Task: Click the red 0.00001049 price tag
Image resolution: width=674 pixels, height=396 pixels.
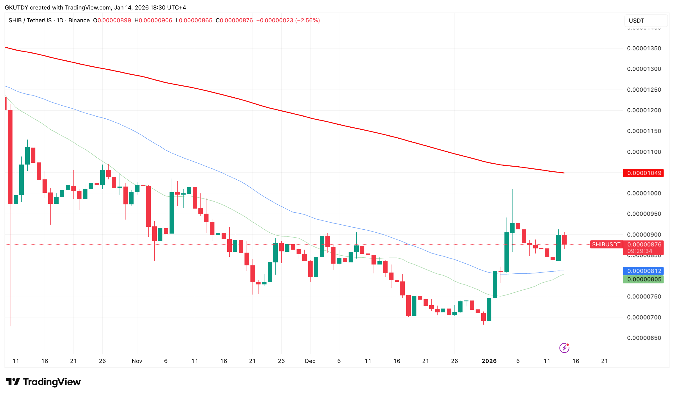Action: [644, 173]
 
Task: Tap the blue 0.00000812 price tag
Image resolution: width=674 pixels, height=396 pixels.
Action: [644, 271]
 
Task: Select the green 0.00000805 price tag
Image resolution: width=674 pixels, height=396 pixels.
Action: [644, 279]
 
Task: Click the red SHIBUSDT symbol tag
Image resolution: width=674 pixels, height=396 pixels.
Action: [606, 245]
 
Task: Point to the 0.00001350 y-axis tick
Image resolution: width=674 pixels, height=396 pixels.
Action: [644, 48]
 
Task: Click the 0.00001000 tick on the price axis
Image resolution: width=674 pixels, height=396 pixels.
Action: [644, 193]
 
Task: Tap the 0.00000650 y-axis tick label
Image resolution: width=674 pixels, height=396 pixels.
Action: [644, 338]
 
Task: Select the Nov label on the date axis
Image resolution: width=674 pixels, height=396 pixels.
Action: [137, 361]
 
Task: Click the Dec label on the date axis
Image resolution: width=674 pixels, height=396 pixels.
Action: [310, 361]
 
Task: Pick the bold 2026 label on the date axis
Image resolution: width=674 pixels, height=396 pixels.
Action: [489, 361]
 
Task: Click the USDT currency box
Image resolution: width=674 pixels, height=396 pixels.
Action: [645, 21]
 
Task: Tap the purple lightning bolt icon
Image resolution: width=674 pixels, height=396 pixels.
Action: [564, 348]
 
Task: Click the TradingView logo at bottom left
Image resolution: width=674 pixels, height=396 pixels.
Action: [43, 382]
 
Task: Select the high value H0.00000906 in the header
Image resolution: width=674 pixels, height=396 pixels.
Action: [153, 21]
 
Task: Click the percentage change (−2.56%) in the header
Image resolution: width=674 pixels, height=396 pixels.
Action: [308, 21]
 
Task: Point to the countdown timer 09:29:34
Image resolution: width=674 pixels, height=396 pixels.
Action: [640, 251]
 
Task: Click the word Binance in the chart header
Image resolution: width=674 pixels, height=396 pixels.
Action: [79, 21]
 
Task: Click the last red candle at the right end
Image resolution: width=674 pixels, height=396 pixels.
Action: [564, 240]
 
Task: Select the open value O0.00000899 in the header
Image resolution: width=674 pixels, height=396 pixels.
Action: [112, 21]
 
